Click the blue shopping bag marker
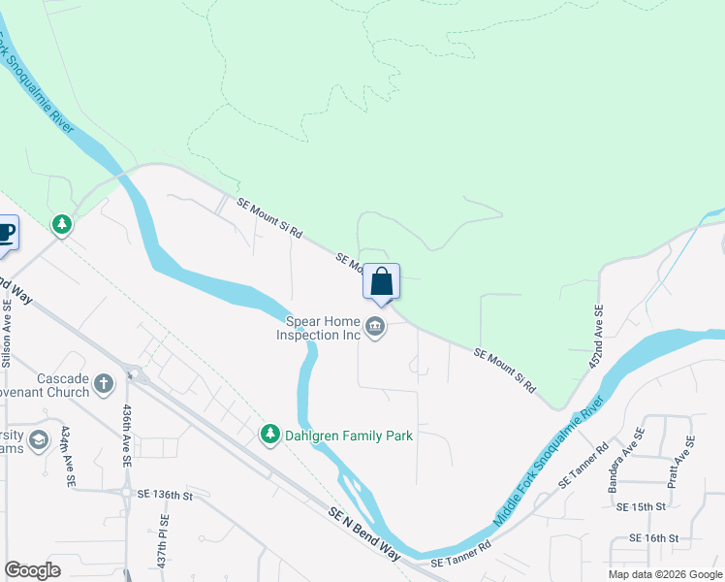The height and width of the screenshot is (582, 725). click(381, 282)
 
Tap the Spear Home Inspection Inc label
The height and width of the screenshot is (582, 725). click(323, 328)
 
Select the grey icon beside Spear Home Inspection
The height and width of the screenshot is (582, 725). click(376, 329)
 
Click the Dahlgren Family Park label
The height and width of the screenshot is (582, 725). click(349, 436)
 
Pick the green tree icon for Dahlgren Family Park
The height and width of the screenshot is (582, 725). click(270, 436)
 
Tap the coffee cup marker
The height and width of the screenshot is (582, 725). click(5, 234)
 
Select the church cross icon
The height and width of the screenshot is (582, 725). click(105, 385)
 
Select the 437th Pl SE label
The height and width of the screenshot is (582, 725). click(164, 548)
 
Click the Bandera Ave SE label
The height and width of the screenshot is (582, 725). click(626, 461)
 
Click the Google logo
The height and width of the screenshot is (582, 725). click(32, 570)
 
